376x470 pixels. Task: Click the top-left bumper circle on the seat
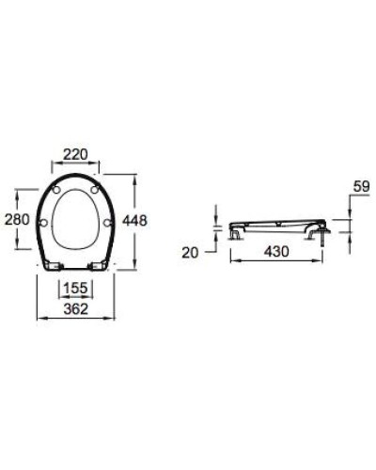(58, 191)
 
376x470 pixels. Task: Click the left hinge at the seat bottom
(57, 265)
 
